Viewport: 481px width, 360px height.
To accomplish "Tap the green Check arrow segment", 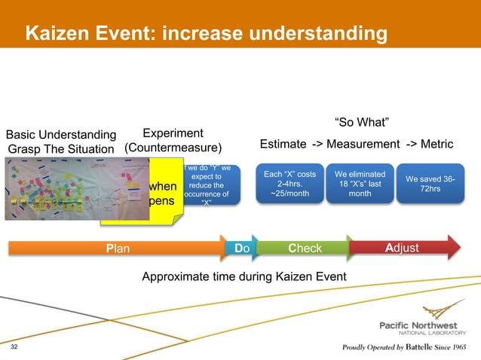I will tap(305, 248).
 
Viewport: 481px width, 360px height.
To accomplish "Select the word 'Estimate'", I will tap(283, 144).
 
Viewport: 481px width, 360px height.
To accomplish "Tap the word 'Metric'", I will tap(435, 144).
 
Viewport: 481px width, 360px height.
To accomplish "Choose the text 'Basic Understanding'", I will tap(62, 135).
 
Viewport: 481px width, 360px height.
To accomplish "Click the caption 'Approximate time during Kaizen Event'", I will tap(244, 276).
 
